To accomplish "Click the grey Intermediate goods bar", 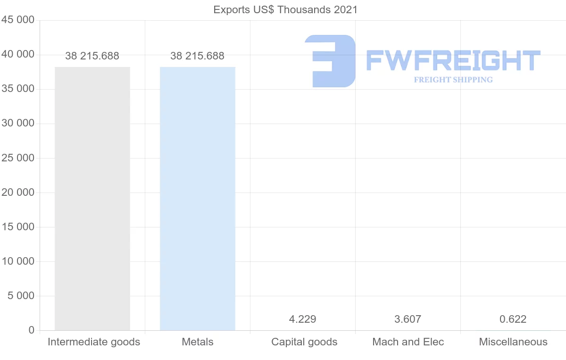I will pos(92,198).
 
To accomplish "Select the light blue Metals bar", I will pos(198,198).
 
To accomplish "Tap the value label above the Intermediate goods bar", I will pos(92,56).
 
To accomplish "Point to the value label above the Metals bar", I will pos(198,56).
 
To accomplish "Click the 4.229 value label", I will pos(303,319).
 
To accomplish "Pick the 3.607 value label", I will pos(408,319).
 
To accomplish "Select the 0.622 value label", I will pos(513,319).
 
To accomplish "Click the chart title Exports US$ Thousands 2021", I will pos(286,9).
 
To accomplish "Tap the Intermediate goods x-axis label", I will pos(94,342).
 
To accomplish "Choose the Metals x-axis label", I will pos(198,342).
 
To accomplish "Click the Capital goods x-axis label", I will pos(304,342).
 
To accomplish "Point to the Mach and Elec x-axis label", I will pos(408,342).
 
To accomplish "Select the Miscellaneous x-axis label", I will pos(513,342).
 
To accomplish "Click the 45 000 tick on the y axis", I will pos(18,20).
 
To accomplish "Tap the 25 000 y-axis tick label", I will pos(18,158).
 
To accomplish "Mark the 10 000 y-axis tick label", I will pos(18,261).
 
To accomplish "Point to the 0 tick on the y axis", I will pos(32,330).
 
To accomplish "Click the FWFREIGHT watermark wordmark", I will pos(453,61).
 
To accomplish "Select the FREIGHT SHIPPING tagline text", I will pos(453,80).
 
